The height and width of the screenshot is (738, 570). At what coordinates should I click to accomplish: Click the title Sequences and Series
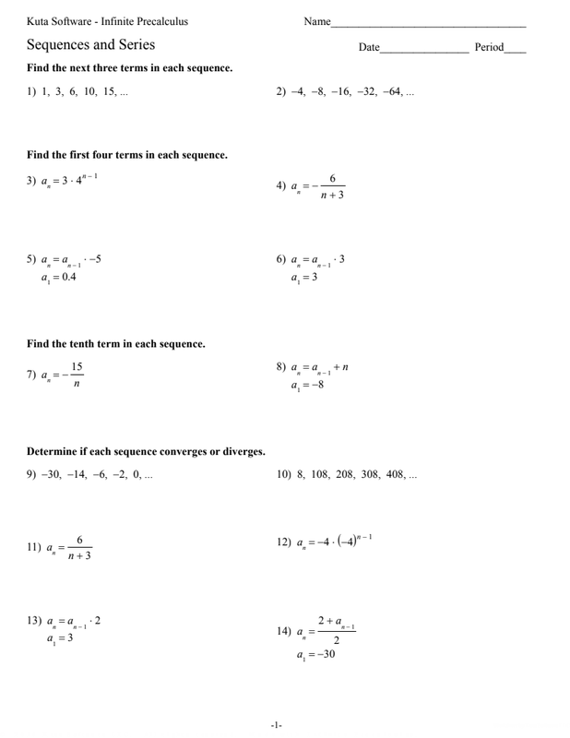pyautogui.click(x=90, y=44)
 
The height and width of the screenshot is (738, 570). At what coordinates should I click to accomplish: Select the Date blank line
pyautogui.click(x=424, y=49)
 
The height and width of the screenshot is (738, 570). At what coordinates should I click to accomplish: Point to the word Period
pyautogui.click(x=489, y=47)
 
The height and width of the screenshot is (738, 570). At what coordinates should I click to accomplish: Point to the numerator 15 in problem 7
pyautogui.click(x=77, y=366)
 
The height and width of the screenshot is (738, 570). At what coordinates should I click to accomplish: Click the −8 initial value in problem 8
pyautogui.click(x=314, y=385)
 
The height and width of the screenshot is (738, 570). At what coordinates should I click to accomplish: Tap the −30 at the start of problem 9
pyautogui.click(x=49, y=476)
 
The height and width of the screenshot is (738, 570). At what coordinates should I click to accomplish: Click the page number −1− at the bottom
pyautogui.click(x=276, y=726)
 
